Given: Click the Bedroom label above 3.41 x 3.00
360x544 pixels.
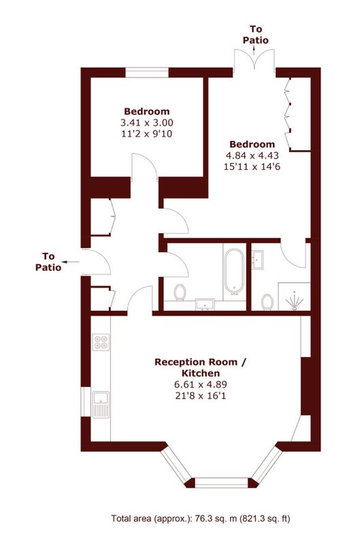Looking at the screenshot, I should [x=146, y=112].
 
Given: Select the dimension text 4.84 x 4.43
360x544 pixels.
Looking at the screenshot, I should [x=252, y=155].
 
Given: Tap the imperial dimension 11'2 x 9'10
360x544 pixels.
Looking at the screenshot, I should [x=146, y=134].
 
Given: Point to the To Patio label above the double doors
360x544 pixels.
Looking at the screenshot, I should [x=256, y=35].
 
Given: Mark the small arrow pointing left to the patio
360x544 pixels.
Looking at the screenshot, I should [x=65, y=260].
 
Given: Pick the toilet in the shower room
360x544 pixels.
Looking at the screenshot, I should [x=267, y=300].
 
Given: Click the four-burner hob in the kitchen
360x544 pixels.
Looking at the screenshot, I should [x=101, y=341].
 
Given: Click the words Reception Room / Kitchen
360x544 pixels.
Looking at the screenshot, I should [x=200, y=367].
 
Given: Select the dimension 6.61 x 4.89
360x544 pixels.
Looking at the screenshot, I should [x=200, y=385].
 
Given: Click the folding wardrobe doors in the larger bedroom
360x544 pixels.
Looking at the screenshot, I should [x=289, y=115].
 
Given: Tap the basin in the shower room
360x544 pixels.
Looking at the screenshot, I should [x=258, y=258].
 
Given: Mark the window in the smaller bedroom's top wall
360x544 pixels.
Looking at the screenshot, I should [x=147, y=71].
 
